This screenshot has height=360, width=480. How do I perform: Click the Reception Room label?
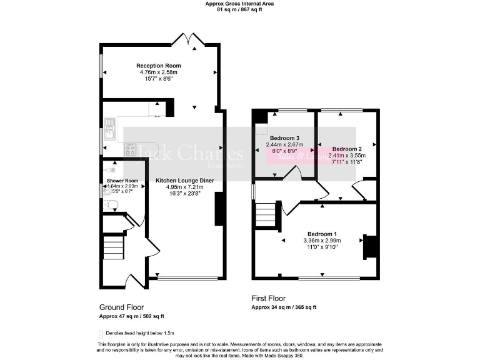[159, 66]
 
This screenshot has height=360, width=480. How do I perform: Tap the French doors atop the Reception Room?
[189, 41]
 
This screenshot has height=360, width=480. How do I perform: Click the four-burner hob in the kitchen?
[130, 149]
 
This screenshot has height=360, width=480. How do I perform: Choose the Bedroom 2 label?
[343, 149]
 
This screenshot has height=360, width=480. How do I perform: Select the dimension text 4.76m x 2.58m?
[159, 72]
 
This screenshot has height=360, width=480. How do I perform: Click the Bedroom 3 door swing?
[292, 175]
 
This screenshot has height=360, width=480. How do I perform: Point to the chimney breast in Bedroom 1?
[371, 246]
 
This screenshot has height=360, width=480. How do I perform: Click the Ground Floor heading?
[121, 307]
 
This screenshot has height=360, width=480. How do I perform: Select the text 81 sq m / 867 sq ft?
[240, 10]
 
